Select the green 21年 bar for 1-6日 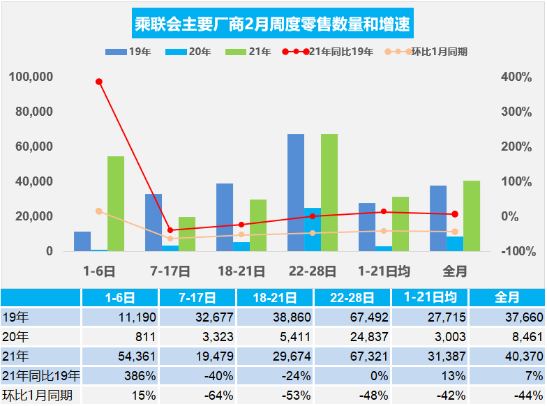pos(116,204)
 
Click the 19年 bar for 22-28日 pos(295,193)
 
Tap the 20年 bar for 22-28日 pos(312,230)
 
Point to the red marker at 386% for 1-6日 pos(99,82)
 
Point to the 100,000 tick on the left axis pos(31,77)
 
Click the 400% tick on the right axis pos(516,77)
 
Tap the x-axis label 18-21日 pos(241,271)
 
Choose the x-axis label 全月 pos(455,271)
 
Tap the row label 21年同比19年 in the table pos(40,377)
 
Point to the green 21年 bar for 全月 pos(472,216)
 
